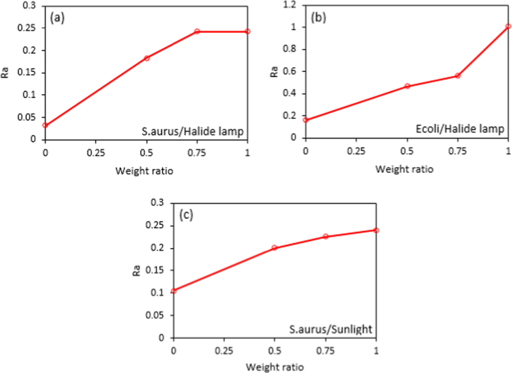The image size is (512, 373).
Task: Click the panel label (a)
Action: (x=57, y=16)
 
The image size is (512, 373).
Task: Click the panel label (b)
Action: (x=318, y=16)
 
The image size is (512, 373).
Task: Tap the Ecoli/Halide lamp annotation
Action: (x=461, y=129)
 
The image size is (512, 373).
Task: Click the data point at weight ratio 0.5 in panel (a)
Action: (x=146, y=58)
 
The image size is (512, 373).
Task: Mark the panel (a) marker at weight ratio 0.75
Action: (x=197, y=31)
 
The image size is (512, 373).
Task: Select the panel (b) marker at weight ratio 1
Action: (x=508, y=26)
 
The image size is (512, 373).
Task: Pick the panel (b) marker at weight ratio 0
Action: (x=306, y=120)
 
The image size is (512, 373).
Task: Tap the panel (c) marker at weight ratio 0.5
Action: (x=275, y=247)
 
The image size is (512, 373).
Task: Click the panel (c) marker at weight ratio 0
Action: (x=174, y=291)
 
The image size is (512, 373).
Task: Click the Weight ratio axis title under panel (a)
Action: (x=146, y=170)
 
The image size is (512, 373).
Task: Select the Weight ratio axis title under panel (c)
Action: (x=275, y=368)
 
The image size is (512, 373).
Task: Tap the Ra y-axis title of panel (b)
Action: (x=274, y=72)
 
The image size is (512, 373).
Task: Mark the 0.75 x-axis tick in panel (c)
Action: (x=325, y=351)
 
